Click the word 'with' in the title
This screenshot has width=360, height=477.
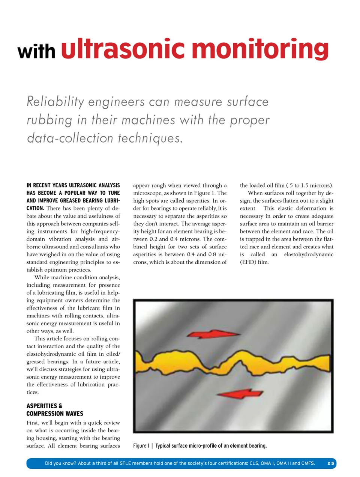[36, 51]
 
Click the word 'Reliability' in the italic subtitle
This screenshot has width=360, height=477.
[55, 102]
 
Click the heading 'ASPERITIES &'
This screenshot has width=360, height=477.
[44, 406]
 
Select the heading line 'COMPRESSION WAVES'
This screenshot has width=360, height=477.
[55, 414]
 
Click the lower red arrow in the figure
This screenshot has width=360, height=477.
[240, 393]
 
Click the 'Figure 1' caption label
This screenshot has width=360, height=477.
[141, 446]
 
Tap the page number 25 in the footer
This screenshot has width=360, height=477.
[330, 463]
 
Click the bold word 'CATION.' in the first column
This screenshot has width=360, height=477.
[35, 208]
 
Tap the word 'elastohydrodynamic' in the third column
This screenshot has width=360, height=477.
[309, 254]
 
